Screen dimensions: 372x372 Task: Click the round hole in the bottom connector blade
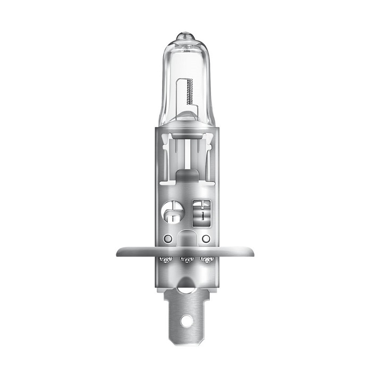pos(186,322)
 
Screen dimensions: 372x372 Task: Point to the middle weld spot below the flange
pos(186,260)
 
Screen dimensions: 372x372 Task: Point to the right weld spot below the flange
pos(206,260)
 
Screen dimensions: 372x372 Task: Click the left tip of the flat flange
pos(118,251)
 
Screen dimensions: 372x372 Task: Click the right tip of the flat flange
pos(254,251)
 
